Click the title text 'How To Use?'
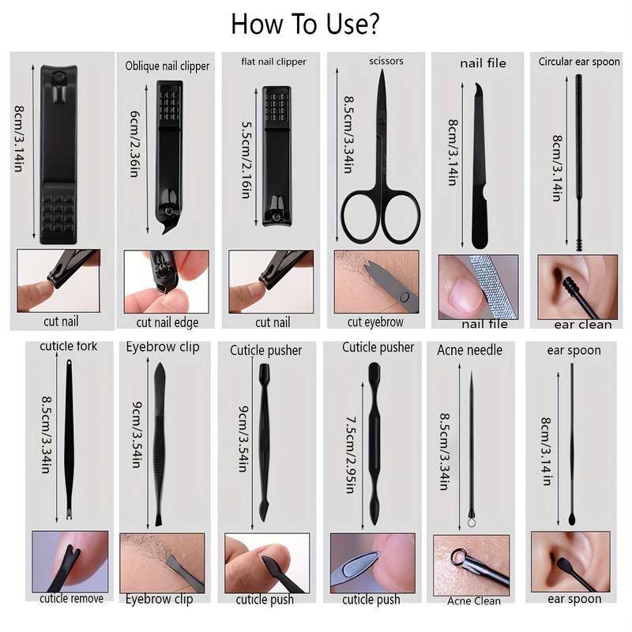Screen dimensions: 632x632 [x=305, y=24]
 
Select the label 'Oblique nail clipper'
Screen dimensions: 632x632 [x=167, y=66]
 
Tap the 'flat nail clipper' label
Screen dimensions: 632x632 [x=273, y=62]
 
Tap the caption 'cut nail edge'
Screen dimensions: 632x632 [x=167, y=322]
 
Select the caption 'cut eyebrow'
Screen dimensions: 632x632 [x=375, y=322]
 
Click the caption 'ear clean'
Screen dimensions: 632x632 [x=583, y=324]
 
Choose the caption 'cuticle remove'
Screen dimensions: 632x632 [x=72, y=598]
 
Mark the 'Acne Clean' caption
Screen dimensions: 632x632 [x=474, y=600]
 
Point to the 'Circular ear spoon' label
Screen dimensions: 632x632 [x=579, y=62]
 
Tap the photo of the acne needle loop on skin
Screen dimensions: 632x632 [x=472, y=564]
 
